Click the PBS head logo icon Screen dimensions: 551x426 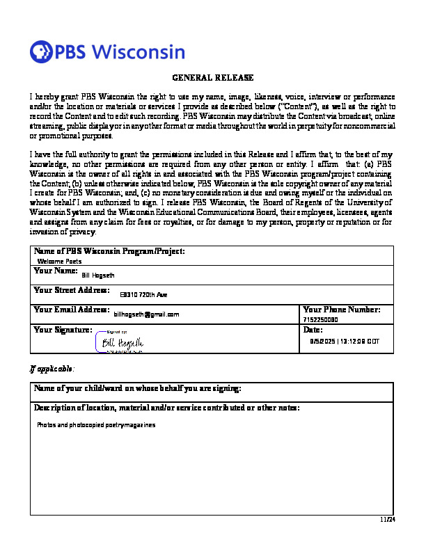(41, 51)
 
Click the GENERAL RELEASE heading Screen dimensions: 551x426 (212, 78)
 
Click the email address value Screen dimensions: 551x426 (146, 314)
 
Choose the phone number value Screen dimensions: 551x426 (320, 319)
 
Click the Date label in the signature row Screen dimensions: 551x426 (313, 330)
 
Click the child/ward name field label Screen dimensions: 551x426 (138, 388)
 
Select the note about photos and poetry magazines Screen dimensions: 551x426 (96, 424)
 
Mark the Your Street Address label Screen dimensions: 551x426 (72, 290)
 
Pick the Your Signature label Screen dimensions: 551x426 (63, 330)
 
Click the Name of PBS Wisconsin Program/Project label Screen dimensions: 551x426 (109, 251)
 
